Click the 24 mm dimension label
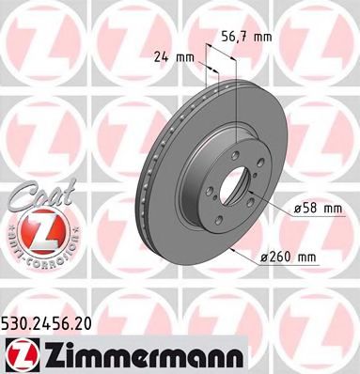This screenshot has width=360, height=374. tap(176, 55)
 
